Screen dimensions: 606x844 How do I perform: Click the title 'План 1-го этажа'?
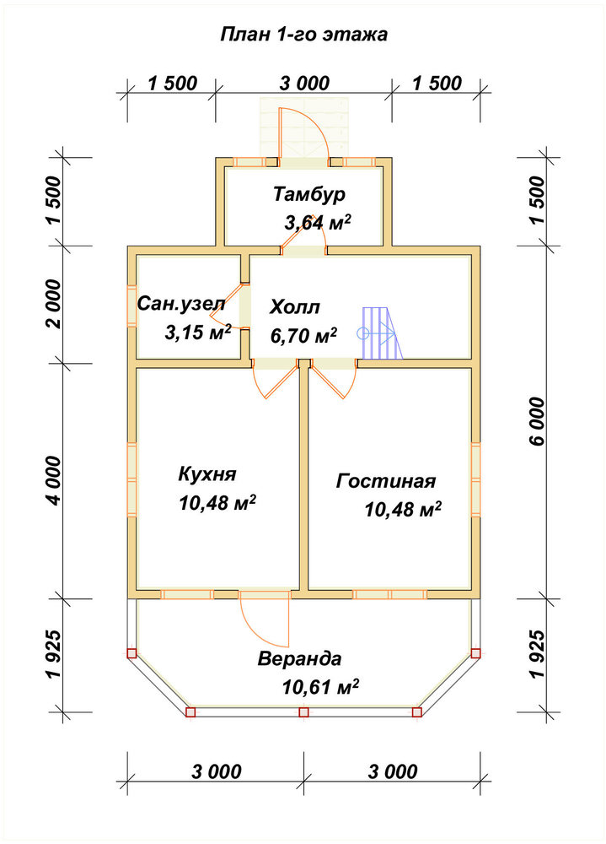(303, 35)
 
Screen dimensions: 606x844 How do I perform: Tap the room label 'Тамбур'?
(309, 194)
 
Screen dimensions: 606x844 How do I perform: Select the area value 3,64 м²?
(318, 222)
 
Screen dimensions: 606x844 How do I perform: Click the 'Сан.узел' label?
(182, 304)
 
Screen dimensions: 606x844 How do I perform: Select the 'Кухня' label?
(207, 474)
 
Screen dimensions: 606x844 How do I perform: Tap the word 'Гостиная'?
(385, 481)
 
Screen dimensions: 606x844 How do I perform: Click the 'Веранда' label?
(299, 659)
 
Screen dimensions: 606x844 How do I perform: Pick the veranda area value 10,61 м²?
(320, 687)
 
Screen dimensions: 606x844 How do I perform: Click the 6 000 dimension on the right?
(537, 422)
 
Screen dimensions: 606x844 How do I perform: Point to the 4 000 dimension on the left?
(54, 481)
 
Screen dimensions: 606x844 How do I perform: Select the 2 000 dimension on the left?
(54, 304)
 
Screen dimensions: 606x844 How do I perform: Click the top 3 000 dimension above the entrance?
(304, 84)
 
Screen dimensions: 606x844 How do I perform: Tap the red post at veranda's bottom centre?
(303, 712)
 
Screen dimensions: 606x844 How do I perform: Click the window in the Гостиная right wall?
(475, 479)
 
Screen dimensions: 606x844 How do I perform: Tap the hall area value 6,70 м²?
(303, 336)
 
